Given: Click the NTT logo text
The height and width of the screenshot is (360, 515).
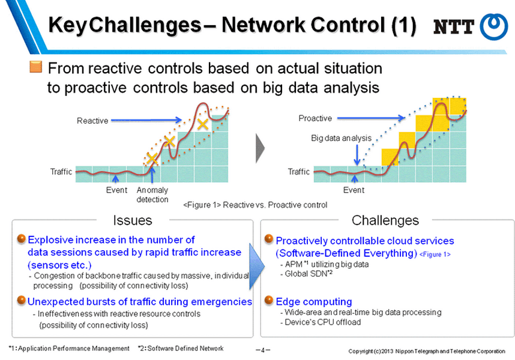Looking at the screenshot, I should pyautogui.click(x=454, y=27).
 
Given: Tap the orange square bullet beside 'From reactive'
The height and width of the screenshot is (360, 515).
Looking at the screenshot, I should pyautogui.click(x=35, y=67).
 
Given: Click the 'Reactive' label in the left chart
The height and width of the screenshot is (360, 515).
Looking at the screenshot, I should pyautogui.click(x=92, y=121).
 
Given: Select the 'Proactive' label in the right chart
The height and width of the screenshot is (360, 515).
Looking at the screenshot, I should pyautogui.click(x=315, y=118).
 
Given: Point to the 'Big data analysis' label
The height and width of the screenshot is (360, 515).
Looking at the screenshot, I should pyautogui.click(x=341, y=138).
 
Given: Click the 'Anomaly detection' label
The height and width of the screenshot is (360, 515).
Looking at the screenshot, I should pyautogui.click(x=152, y=194).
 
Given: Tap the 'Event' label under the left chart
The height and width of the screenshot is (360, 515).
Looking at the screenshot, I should pyautogui.click(x=116, y=190).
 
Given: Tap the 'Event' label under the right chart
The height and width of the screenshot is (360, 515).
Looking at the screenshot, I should pyautogui.click(x=354, y=190).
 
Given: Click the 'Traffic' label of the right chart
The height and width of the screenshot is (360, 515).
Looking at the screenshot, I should pyautogui.click(x=299, y=172).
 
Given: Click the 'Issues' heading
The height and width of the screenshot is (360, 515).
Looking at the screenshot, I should pyautogui.click(x=133, y=220).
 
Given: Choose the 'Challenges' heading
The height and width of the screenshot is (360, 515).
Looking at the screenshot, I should pyautogui.click(x=385, y=220).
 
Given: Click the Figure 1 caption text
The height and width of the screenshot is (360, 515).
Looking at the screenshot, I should pyautogui.click(x=255, y=205).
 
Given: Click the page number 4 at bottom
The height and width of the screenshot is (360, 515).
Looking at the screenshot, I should pyautogui.click(x=263, y=349).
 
